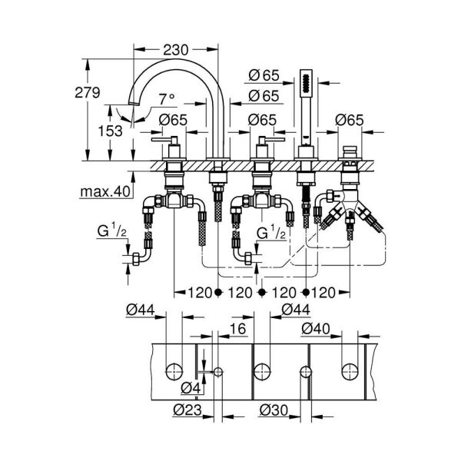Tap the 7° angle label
click(x=166, y=98)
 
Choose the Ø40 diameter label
click(x=317, y=328)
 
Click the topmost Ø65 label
click(x=263, y=75)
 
